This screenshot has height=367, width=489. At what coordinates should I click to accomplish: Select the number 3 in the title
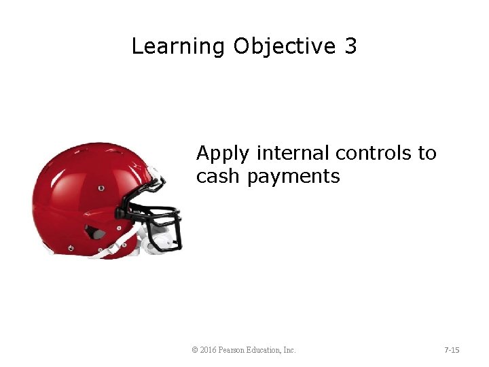350,47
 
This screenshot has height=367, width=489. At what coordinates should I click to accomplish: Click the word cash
219,177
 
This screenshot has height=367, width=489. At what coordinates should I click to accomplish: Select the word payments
293,177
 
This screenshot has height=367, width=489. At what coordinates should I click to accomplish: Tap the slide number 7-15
452,350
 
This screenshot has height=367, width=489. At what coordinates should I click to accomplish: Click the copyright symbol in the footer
195,350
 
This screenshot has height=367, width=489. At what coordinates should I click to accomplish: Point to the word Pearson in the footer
234,350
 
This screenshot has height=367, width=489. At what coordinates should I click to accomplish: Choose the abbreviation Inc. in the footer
289,350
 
